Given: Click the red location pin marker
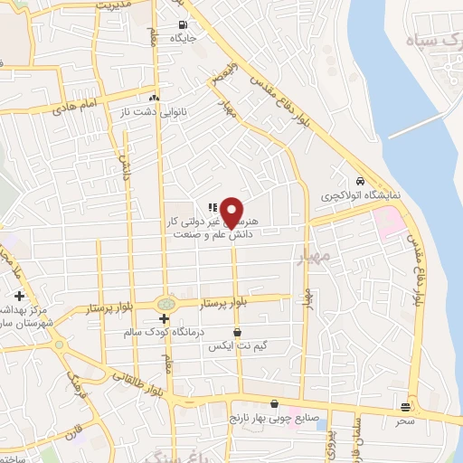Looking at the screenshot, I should (232, 212).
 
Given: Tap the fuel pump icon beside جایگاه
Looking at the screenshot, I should (184, 24).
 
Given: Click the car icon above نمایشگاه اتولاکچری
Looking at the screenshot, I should (360, 180).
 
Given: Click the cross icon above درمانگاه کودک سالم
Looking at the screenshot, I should (164, 319).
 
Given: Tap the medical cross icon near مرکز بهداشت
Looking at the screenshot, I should (19, 296).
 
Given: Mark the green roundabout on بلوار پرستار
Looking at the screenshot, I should (165, 303).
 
